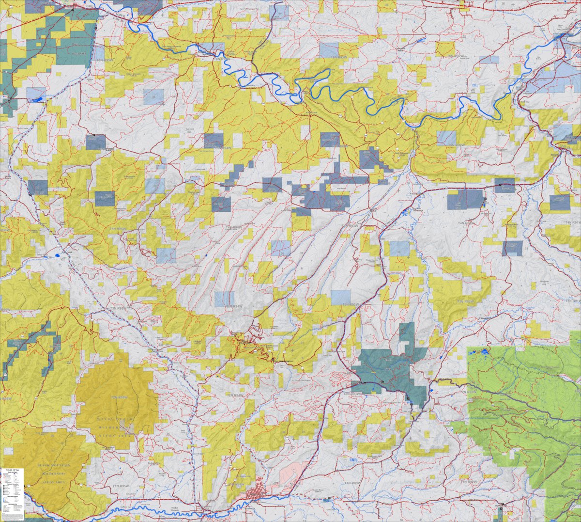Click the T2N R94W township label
tap(234, 395)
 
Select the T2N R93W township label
tap(352, 394)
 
